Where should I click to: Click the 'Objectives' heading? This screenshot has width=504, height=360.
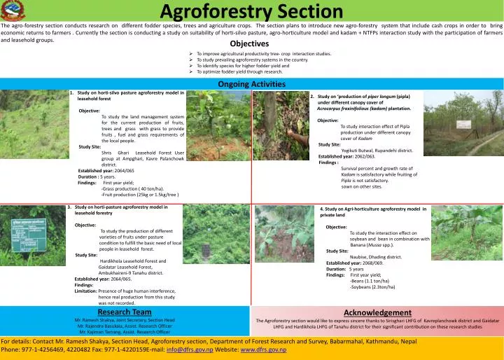tap(249, 43)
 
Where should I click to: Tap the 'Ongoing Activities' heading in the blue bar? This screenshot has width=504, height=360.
tap(252, 84)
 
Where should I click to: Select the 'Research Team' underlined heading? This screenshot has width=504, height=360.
tap(125, 312)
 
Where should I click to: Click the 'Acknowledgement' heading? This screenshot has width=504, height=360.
tap(377, 312)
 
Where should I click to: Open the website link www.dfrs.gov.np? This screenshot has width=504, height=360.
tap(263, 349)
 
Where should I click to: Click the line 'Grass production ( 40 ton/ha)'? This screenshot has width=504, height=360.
tap(133, 189)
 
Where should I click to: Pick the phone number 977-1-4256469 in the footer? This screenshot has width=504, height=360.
tap(47, 349)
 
